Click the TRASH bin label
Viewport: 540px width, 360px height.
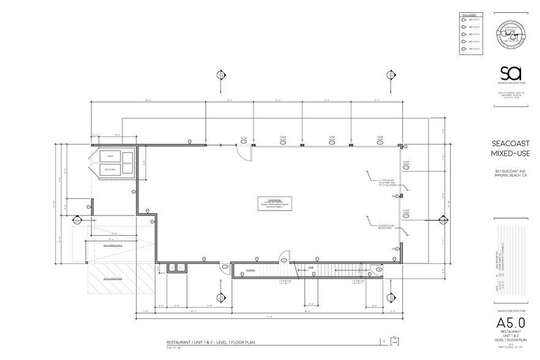(110, 157)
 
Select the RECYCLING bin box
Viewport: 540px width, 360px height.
(110, 169)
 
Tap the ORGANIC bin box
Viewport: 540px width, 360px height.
(127, 163)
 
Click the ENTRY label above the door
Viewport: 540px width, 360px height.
(244, 138)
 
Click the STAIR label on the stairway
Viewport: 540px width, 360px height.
(310, 268)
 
